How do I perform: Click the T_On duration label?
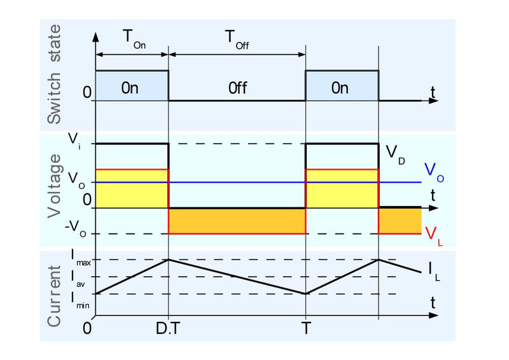(x=132, y=41)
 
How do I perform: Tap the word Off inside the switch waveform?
(x=237, y=87)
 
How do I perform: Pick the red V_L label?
(x=432, y=233)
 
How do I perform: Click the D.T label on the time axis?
(x=168, y=330)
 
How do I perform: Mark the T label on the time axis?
(x=306, y=330)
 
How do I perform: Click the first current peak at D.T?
(x=168, y=260)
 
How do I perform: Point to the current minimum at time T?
(x=306, y=294)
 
